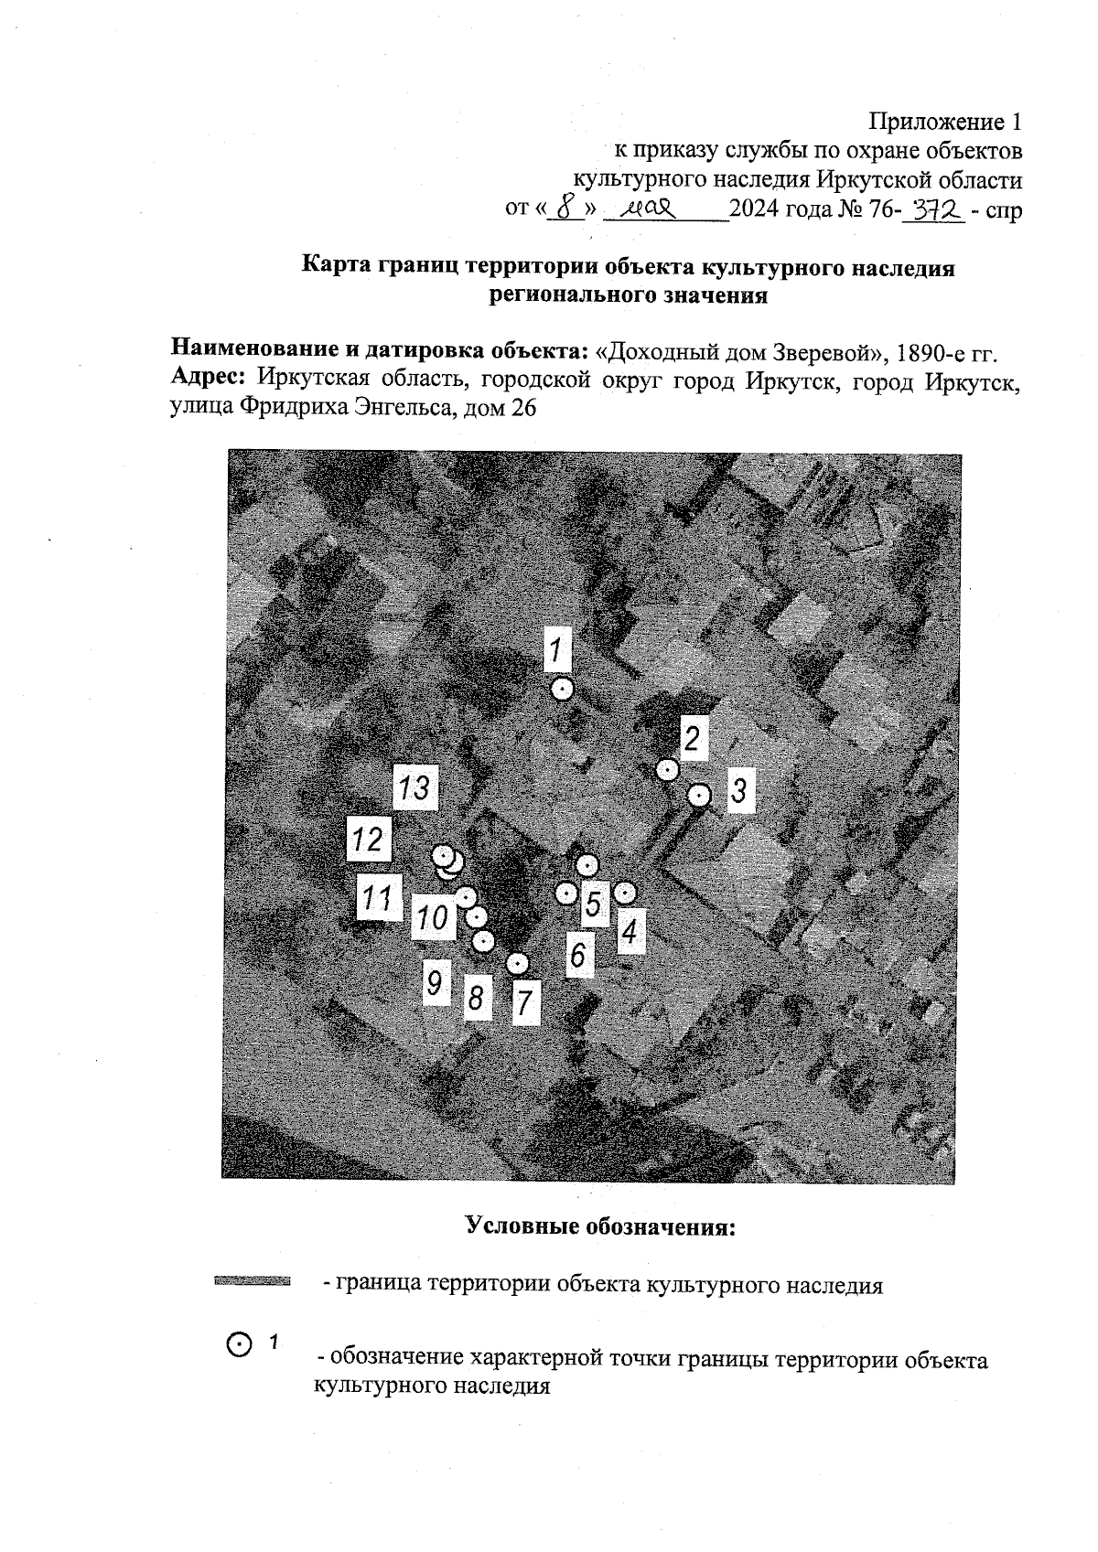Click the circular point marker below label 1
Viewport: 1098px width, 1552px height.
click(562, 690)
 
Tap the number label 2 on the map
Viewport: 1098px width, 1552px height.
click(693, 738)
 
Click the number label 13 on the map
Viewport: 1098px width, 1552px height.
click(415, 787)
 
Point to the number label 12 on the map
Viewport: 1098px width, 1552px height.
click(368, 838)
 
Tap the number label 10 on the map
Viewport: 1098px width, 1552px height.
click(433, 916)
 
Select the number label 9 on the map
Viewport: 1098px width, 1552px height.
click(435, 984)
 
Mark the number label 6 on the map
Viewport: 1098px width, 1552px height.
click(577, 956)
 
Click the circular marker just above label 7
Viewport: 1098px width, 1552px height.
click(518, 963)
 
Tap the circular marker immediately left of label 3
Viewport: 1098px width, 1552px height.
click(699, 796)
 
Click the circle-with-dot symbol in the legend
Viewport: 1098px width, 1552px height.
click(237, 1343)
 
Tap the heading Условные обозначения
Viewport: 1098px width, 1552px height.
click(600, 1225)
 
